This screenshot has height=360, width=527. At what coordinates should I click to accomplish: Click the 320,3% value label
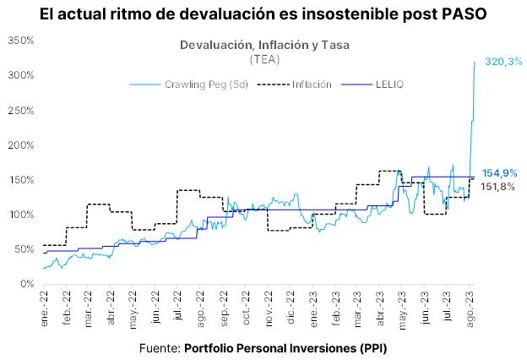[503, 62]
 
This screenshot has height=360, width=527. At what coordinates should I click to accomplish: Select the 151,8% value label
[498, 187]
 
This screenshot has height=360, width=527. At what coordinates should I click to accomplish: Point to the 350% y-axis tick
[19, 41]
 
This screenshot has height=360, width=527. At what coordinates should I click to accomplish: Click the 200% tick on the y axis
[19, 145]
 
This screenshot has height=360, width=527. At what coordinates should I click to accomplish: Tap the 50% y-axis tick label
[22, 249]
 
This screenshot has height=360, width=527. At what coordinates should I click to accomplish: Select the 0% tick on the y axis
[25, 284]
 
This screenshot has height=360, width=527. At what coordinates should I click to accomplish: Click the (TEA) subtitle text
[266, 60]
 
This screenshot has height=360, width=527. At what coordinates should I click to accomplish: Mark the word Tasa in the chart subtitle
[335, 45]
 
